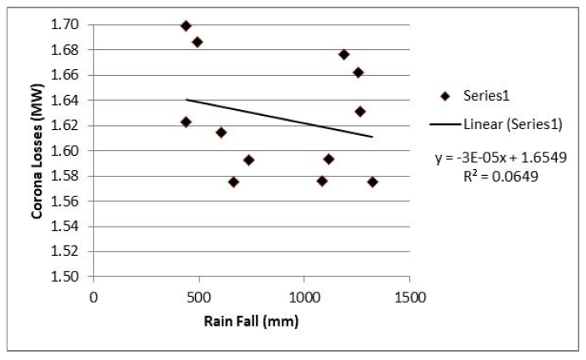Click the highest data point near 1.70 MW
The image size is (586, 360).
coord(186,26)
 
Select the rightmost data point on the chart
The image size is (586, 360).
coord(373,182)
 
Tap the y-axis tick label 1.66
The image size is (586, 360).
coord(68,75)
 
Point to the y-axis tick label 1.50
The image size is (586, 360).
coord(68,277)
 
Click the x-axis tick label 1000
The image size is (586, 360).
coord(304,297)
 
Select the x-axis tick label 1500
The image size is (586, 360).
coord(409,297)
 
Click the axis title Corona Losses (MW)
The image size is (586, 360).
coord(38,151)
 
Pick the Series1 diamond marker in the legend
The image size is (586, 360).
coord(445,96)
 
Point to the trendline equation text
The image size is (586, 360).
coord(501,157)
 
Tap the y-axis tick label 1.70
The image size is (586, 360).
coord(68,25)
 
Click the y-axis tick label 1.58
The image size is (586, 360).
coord(68,176)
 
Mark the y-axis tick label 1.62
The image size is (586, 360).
coord(68,126)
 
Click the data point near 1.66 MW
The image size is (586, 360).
coord(358,72)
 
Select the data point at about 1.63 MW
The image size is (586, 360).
coord(360,111)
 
